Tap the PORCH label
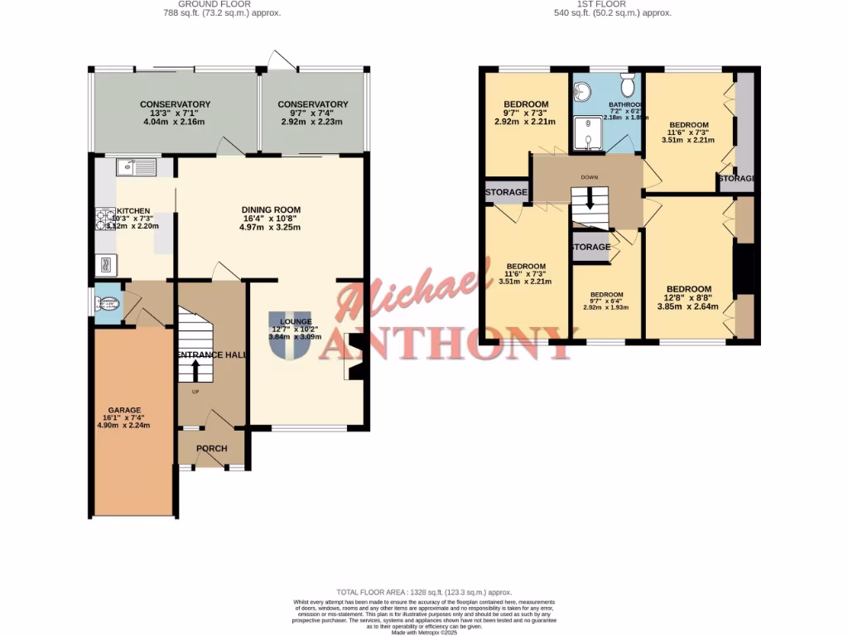(211, 449)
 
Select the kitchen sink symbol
(137, 167)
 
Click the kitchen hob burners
(106, 218)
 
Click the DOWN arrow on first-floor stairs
(589, 199)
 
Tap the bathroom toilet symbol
(628, 85)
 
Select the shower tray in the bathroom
(589, 135)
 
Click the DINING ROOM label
(271, 210)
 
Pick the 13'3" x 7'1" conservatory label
(175, 104)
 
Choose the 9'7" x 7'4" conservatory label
(312, 104)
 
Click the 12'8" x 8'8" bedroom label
(689, 290)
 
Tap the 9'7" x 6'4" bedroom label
(606, 295)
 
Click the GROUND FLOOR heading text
(221, 5)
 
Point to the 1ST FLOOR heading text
(612, 5)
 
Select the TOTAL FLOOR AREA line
(423, 592)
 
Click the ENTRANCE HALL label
(211, 354)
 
